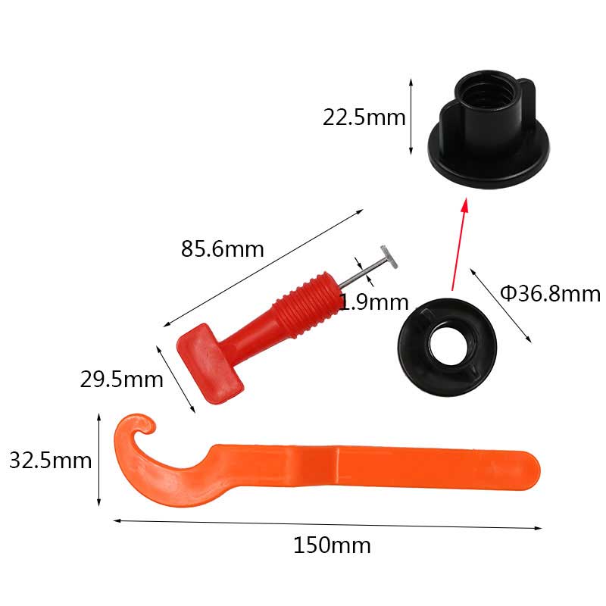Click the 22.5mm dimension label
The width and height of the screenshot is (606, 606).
(364, 117)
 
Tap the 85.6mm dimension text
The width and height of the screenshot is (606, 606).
(223, 249)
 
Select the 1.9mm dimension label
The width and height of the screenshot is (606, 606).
(373, 302)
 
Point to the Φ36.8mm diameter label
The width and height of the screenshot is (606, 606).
(551, 294)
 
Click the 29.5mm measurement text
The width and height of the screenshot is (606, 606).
(122, 380)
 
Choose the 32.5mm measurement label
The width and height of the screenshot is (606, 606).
(50, 461)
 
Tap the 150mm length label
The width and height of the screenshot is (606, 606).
(332, 545)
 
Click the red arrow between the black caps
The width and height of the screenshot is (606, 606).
(460, 244)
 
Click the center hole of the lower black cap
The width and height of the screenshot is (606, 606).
(448, 346)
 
